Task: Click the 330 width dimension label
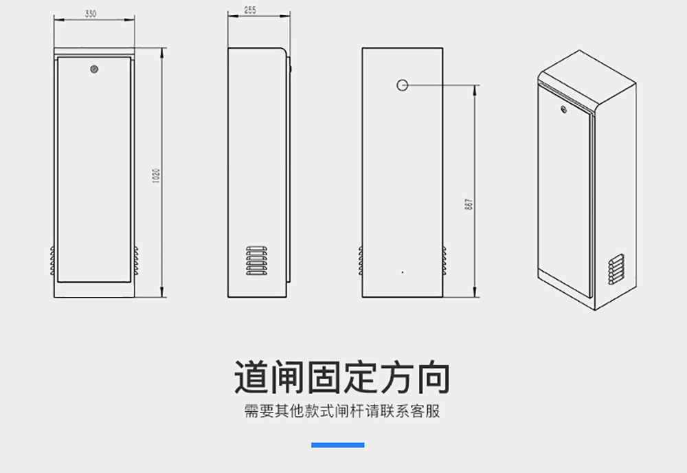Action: pyautogui.click(x=91, y=14)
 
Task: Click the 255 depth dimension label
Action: pyautogui.click(x=250, y=10)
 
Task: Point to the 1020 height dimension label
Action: pyautogui.click(x=157, y=176)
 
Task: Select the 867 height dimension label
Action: pyautogui.click(x=469, y=204)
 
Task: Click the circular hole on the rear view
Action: pyautogui.click(x=403, y=85)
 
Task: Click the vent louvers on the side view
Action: pyautogui.click(x=255, y=260)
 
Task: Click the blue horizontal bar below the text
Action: pyautogui.click(x=337, y=445)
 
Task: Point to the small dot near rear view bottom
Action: pyautogui.click(x=403, y=272)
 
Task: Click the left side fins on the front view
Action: pyautogui.click(x=52, y=260)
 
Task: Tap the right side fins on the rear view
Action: pyautogui.click(x=444, y=260)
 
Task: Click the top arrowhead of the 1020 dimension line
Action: pyautogui.click(x=161, y=50)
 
